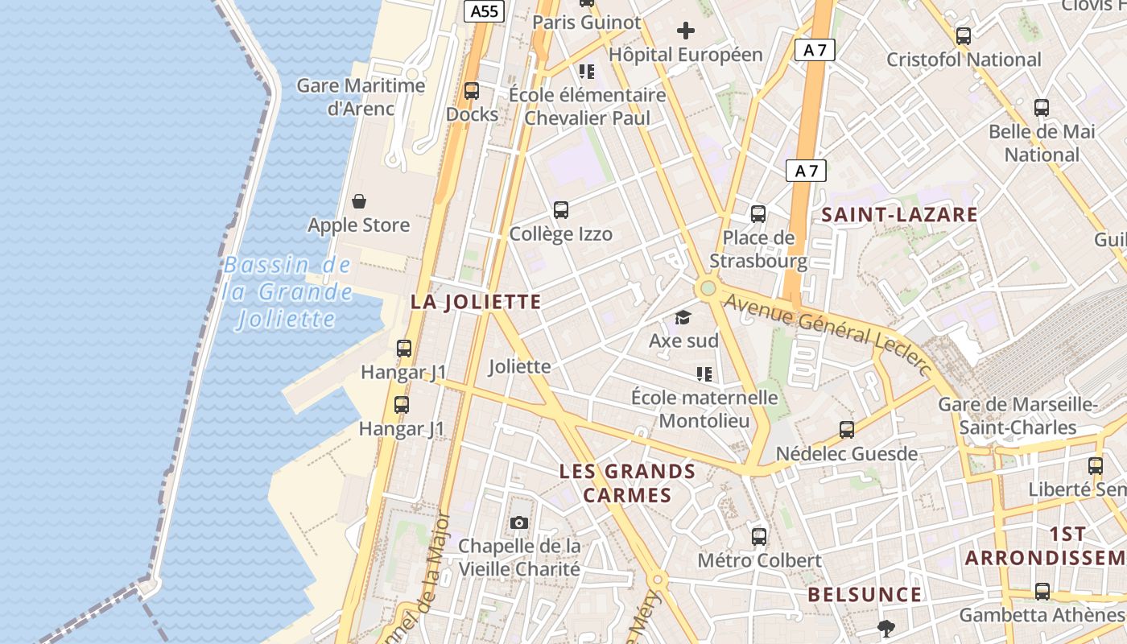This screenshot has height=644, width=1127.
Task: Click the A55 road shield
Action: pyautogui.click(x=485, y=11)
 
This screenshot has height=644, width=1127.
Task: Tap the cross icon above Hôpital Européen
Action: pyautogui.click(x=686, y=31)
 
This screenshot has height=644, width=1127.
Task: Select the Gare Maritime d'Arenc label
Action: pyautogui.click(x=361, y=97)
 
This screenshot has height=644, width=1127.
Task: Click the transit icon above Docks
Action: pyautogui.click(x=472, y=91)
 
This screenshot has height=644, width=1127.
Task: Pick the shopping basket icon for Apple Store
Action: pyautogui.click(x=359, y=201)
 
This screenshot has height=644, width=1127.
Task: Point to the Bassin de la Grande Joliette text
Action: pyautogui.click(x=288, y=291)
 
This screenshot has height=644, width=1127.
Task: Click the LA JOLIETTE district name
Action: pyautogui.click(x=476, y=302)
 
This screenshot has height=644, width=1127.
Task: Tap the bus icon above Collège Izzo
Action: pyautogui.click(x=561, y=210)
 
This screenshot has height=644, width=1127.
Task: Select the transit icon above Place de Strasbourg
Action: pyautogui.click(x=758, y=214)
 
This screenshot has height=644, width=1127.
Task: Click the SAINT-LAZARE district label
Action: pyautogui.click(x=899, y=215)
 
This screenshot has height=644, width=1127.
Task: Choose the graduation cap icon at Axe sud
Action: pyautogui.click(x=683, y=317)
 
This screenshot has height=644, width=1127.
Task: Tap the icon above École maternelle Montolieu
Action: pyautogui.click(x=704, y=374)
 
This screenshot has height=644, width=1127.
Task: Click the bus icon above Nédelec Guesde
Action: pyautogui.click(x=847, y=430)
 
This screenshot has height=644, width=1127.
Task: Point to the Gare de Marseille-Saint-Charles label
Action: pyautogui.click(x=1018, y=415)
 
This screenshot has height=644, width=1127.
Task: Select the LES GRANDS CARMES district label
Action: pyautogui.click(x=627, y=483)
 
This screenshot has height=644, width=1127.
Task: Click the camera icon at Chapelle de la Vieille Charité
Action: pyautogui.click(x=519, y=523)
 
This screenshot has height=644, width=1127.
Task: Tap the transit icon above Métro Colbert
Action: pyautogui.click(x=759, y=537)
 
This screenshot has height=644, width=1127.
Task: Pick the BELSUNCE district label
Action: pyautogui.click(x=865, y=595)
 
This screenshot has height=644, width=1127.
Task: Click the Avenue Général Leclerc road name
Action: pyautogui.click(x=828, y=332)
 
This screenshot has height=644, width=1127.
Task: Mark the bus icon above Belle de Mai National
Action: pyautogui.click(x=1042, y=108)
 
